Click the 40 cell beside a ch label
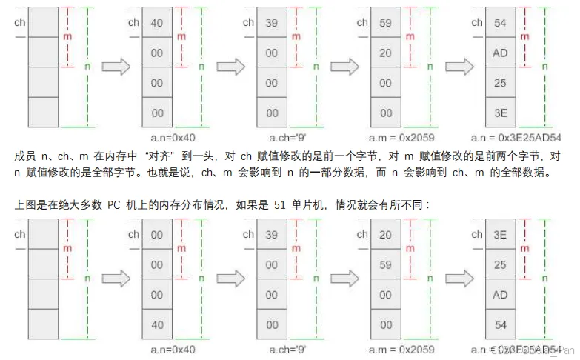coord(157,23)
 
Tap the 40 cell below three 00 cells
coord(157,324)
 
